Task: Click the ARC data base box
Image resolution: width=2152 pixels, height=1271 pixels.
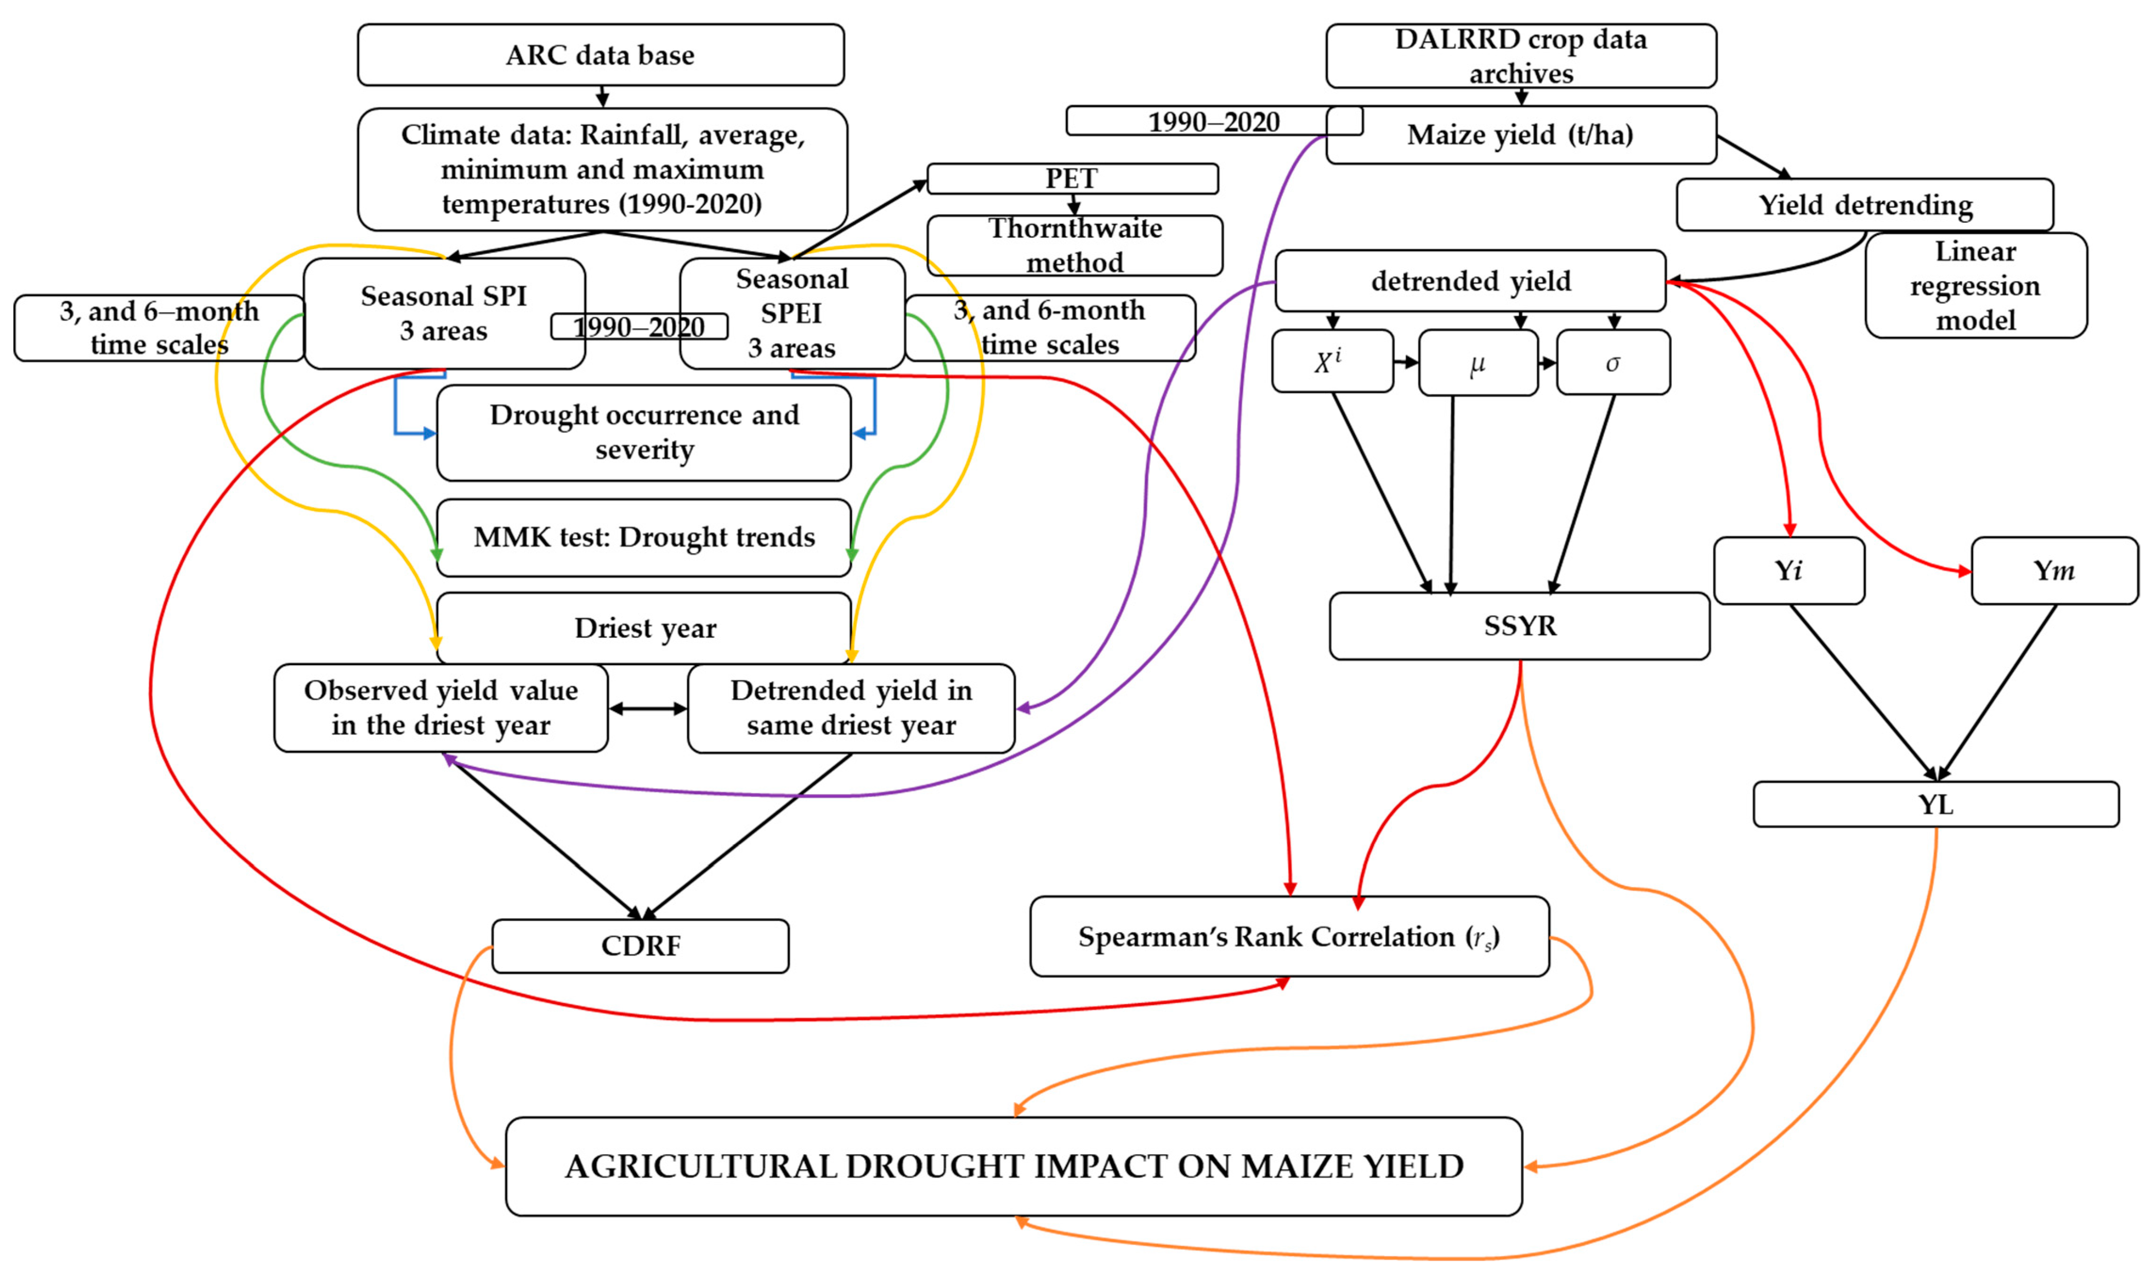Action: tap(600, 55)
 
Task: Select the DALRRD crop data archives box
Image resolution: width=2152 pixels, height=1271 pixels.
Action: tap(1520, 56)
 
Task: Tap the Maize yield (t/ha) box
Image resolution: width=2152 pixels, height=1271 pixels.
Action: tap(1520, 135)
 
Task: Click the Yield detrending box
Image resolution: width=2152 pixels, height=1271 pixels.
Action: tap(1864, 205)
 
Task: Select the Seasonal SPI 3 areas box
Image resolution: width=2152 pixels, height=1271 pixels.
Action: tap(444, 313)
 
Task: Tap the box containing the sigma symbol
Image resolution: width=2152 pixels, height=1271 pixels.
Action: tap(1613, 363)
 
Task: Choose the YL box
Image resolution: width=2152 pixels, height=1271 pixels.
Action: tap(1935, 804)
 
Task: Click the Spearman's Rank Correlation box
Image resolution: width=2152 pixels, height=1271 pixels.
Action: tap(1289, 937)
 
